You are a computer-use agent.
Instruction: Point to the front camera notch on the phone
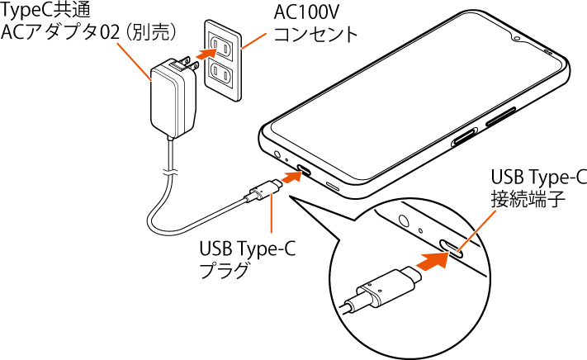[x=517, y=39]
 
